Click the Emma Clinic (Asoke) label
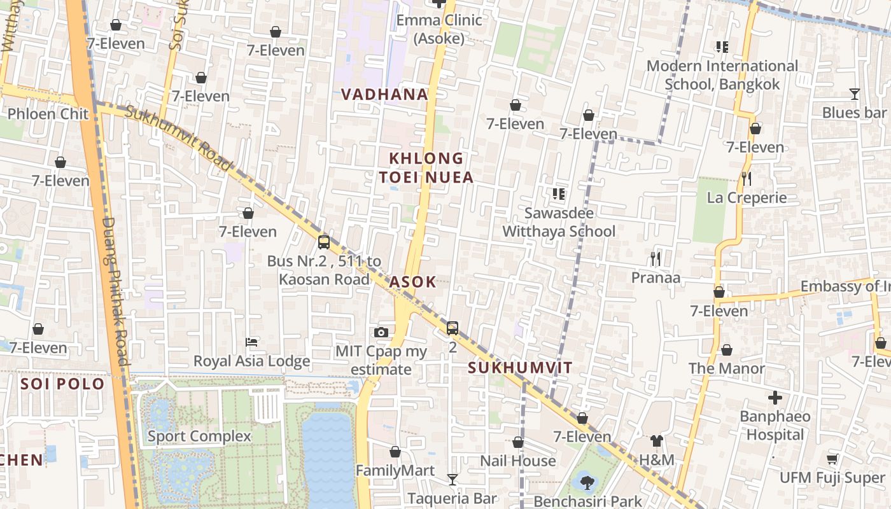tap(439, 29)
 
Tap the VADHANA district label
tap(384, 95)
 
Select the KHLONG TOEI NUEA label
tap(426, 168)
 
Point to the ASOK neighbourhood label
tap(413, 282)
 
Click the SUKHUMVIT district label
tap(520, 368)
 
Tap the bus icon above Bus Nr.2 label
tap(324, 242)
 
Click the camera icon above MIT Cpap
tap(381, 332)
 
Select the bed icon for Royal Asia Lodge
tap(251, 342)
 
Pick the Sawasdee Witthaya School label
tap(559, 222)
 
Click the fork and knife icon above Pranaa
tap(656, 258)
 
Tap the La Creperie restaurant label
tap(747, 198)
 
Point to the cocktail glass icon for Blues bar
tap(854, 94)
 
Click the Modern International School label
tap(722, 74)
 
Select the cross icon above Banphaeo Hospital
tap(775, 398)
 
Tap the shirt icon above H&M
tap(657, 440)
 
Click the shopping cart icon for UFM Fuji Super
tap(832, 459)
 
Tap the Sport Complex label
tap(199, 436)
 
